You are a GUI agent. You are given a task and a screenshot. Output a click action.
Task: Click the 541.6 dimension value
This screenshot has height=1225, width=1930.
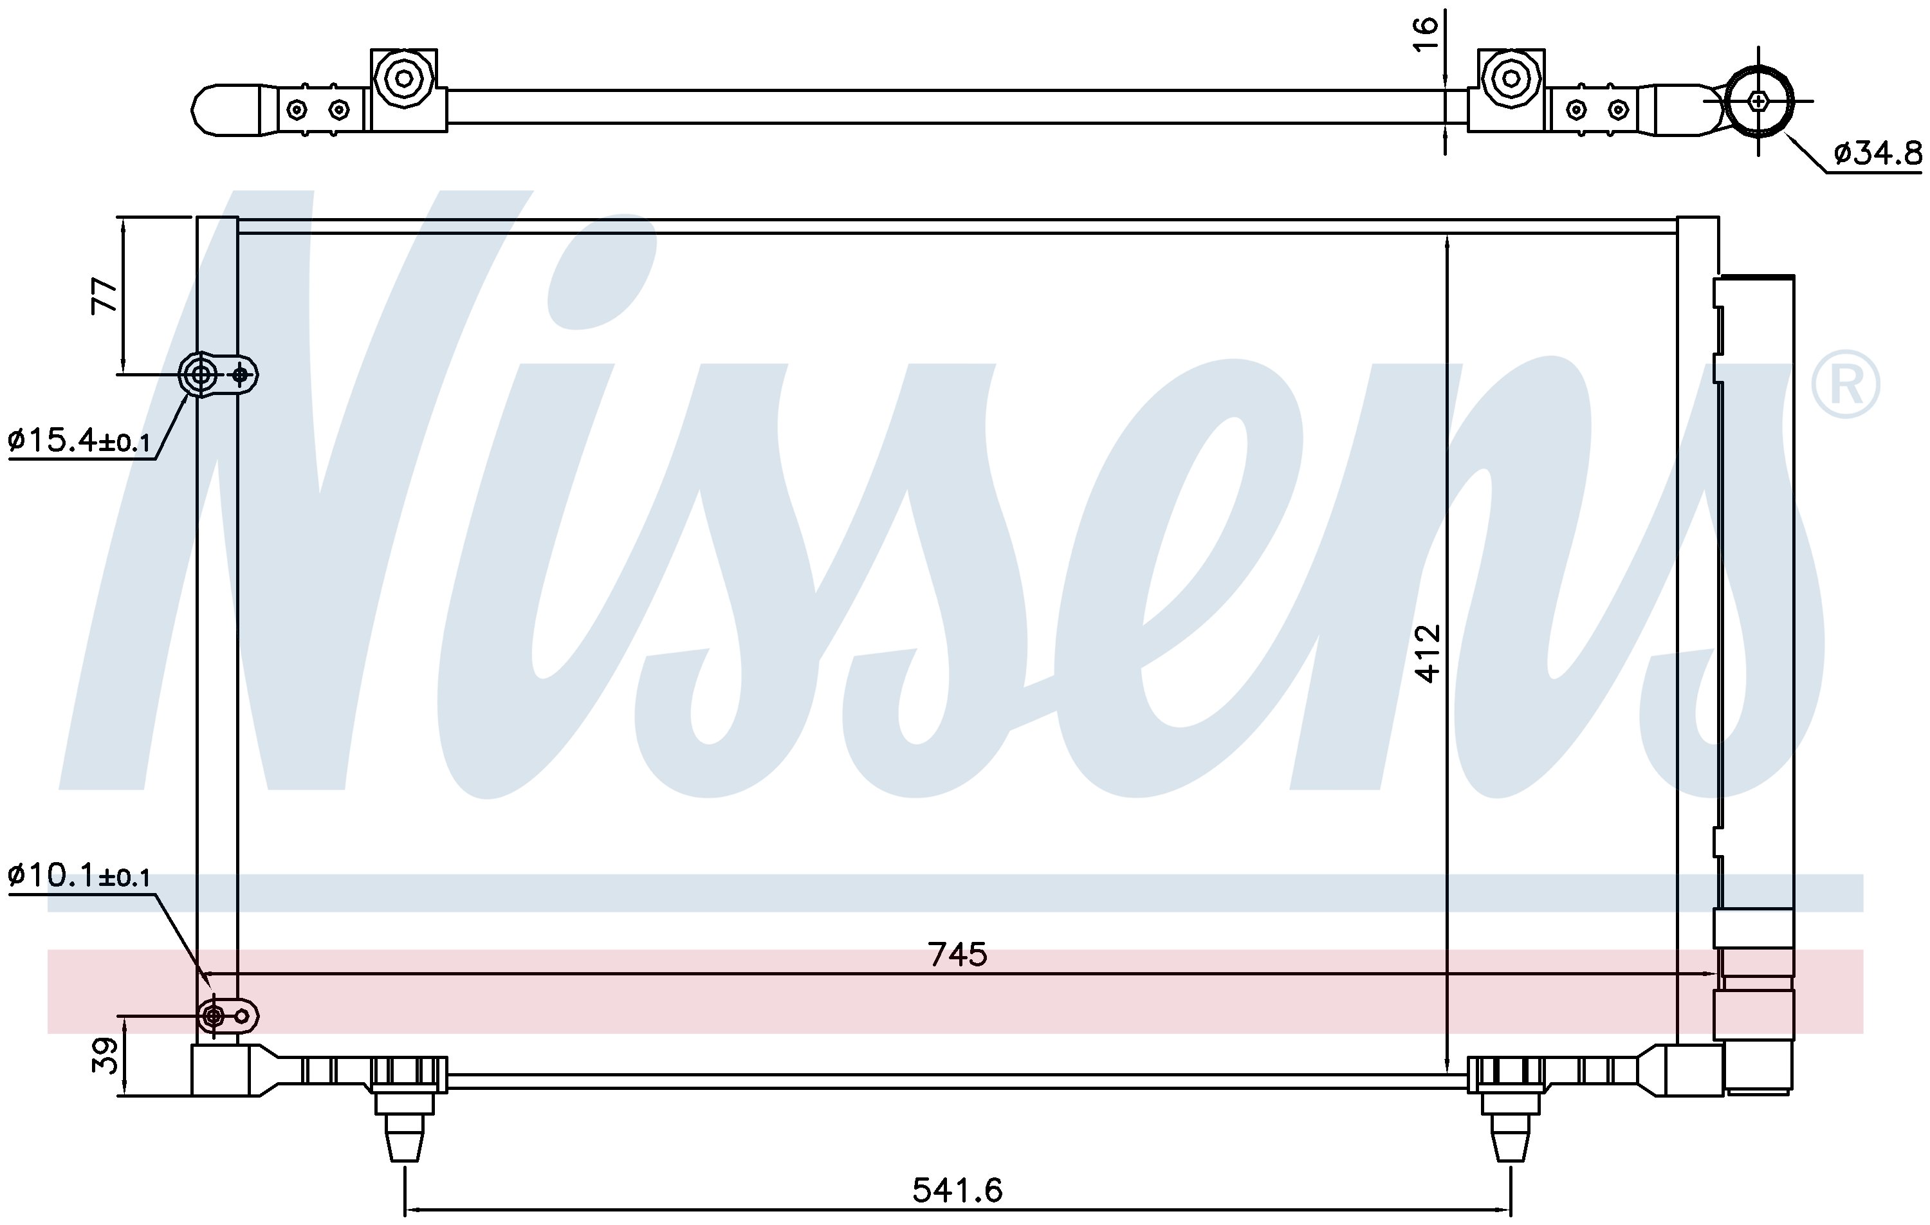pyautogui.click(x=957, y=1190)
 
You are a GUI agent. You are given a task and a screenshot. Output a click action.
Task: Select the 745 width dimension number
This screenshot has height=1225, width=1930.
pyautogui.click(x=957, y=954)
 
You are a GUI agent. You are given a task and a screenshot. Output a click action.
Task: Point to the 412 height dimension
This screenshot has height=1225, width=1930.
pyautogui.click(x=1428, y=654)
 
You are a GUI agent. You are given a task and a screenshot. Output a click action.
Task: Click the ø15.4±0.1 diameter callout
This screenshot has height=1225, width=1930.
pyautogui.click(x=79, y=440)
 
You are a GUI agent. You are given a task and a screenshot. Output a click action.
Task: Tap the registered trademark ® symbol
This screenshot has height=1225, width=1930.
pyautogui.click(x=1845, y=384)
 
